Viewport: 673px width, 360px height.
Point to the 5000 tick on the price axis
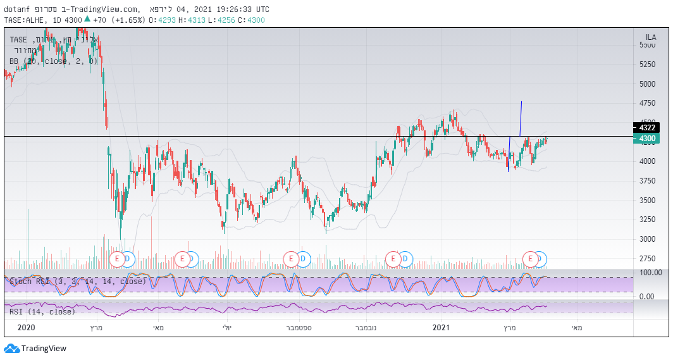[x=647, y=84]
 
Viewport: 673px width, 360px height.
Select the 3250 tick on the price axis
[x=647, y=220]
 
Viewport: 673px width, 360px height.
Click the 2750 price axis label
[x=647, y=259]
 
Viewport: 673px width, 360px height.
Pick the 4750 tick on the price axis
[x=647, y=103]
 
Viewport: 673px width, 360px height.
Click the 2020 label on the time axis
[x=26, y=328]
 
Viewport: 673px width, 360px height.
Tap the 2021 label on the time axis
[x=441, y=328]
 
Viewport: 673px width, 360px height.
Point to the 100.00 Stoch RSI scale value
[x=650, y=273]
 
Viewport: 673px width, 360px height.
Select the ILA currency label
[x=650, y=37]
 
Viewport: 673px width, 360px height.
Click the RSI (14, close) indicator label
[x=42, y=311]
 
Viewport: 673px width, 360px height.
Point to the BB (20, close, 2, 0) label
[x=54, y=61]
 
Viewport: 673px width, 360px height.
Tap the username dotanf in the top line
[x=16, y=9]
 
